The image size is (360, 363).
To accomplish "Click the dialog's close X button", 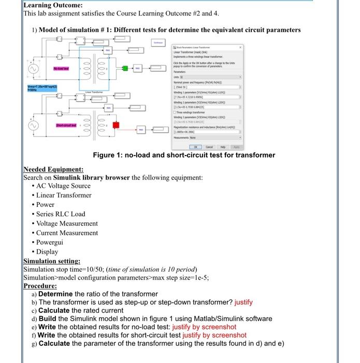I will coord(240,47).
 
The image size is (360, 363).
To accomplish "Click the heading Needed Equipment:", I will coord(53,170).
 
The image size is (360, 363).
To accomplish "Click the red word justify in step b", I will coord(244,302).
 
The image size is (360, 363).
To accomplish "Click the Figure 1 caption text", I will coord(184,155).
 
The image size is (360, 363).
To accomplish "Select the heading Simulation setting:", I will coord(52,261).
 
